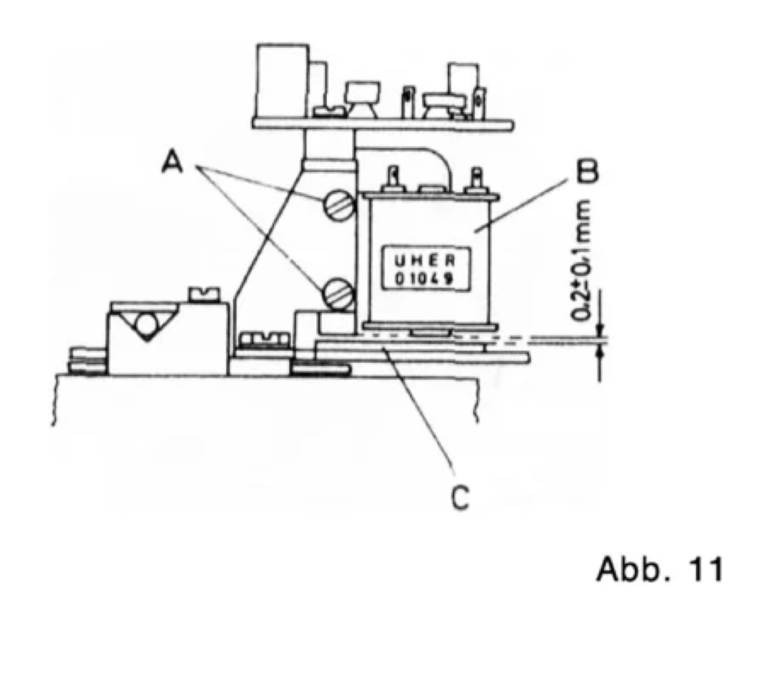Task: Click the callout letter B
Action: click(587, 172)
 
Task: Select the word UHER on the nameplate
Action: click(423, 261)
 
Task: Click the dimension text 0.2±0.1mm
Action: click(584, 261)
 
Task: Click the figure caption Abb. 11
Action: click(659, 570)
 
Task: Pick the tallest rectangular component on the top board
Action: click(282, 81)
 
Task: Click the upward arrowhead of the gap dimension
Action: click(600, 352)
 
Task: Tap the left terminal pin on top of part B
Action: click(393, 179)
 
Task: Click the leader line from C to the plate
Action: click(418, 407)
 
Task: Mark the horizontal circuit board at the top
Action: click(383, 124)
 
